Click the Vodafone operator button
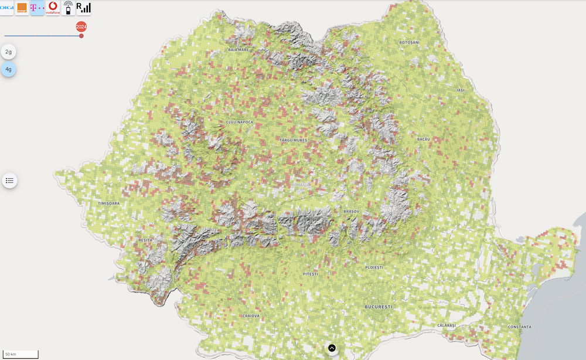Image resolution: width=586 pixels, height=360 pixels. tap(53, 8)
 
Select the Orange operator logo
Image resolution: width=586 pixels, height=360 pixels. tap(22, 8)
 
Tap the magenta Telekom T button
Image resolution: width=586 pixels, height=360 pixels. tap(38, 8)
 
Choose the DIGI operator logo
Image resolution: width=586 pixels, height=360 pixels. tap(7, 8)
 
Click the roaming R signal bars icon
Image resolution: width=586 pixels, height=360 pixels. tap(83, 8)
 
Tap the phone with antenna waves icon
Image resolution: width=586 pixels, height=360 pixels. tap(68, 8)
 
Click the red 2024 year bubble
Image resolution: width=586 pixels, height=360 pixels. tap(81, 26)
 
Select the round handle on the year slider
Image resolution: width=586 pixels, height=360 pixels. tap(81, 36)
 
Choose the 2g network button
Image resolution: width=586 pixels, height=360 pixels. tap(8, 52)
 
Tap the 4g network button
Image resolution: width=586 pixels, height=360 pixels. tap(8, 70)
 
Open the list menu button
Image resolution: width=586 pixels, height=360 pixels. tap(9, 181)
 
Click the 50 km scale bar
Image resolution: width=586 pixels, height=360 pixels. tap(21, 354)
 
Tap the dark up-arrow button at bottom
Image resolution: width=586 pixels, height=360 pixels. tap(332, 348)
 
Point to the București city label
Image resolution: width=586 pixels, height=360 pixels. tap(378, 307)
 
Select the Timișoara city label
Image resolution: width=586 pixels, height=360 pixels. tap(108, 203)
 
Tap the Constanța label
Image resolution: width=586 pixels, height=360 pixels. tap(519, 327)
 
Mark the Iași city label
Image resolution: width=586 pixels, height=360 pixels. tap(460, 90)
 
